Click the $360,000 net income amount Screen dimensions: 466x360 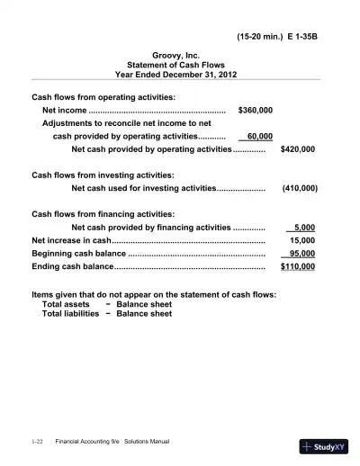point(255,110)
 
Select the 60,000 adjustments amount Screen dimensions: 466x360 point(259,136)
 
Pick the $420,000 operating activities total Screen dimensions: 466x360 point(298,149)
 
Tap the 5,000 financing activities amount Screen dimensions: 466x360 point(304,228)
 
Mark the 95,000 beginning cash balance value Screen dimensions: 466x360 point(301,254)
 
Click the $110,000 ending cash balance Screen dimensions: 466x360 point(298,267)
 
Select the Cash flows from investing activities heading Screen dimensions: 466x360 point(103,175)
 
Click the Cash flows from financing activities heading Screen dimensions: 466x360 point(103,214)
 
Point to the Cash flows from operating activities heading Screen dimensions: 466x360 point(103,96)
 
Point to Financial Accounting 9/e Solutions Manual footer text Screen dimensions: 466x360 point(112,442)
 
